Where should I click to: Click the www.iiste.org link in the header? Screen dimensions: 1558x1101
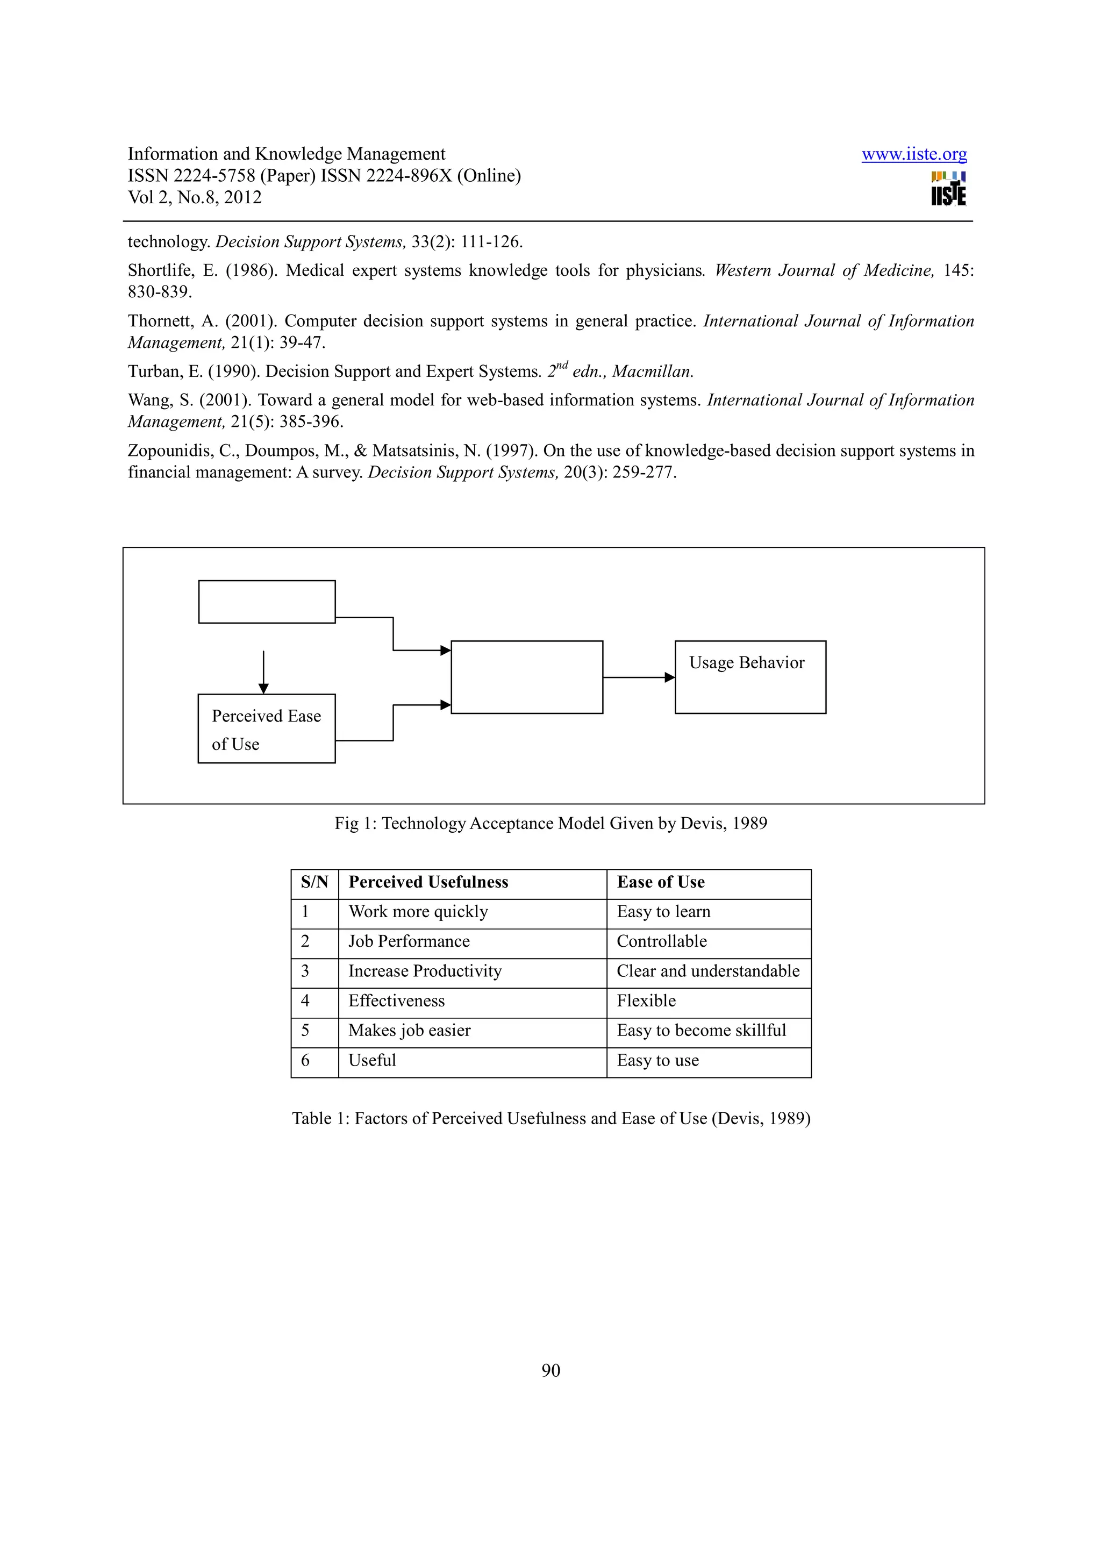pos(914,154)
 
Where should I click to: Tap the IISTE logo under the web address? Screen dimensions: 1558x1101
pos(948,189)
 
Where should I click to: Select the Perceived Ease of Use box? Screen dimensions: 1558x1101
pos(266,729)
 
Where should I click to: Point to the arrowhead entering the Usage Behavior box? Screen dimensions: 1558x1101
pos(669,677)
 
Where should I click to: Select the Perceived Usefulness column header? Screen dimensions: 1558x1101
pos(428,882)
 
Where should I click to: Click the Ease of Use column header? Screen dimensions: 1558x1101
pos(660,882)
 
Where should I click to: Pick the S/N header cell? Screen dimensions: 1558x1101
pos(314,882)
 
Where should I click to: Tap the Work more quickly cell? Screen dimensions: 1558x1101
pos(418,912)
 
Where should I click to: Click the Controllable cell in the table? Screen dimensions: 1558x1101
pos(661,942)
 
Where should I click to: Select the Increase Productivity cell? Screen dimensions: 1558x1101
pos(425,971)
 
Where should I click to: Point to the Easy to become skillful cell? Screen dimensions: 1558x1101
pos(701,1031)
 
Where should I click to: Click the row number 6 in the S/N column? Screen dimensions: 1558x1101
pos(305,1061)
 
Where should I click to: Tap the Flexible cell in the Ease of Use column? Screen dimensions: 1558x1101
pos(646,1001)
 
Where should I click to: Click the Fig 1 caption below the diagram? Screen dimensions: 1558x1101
pos(550,824)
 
